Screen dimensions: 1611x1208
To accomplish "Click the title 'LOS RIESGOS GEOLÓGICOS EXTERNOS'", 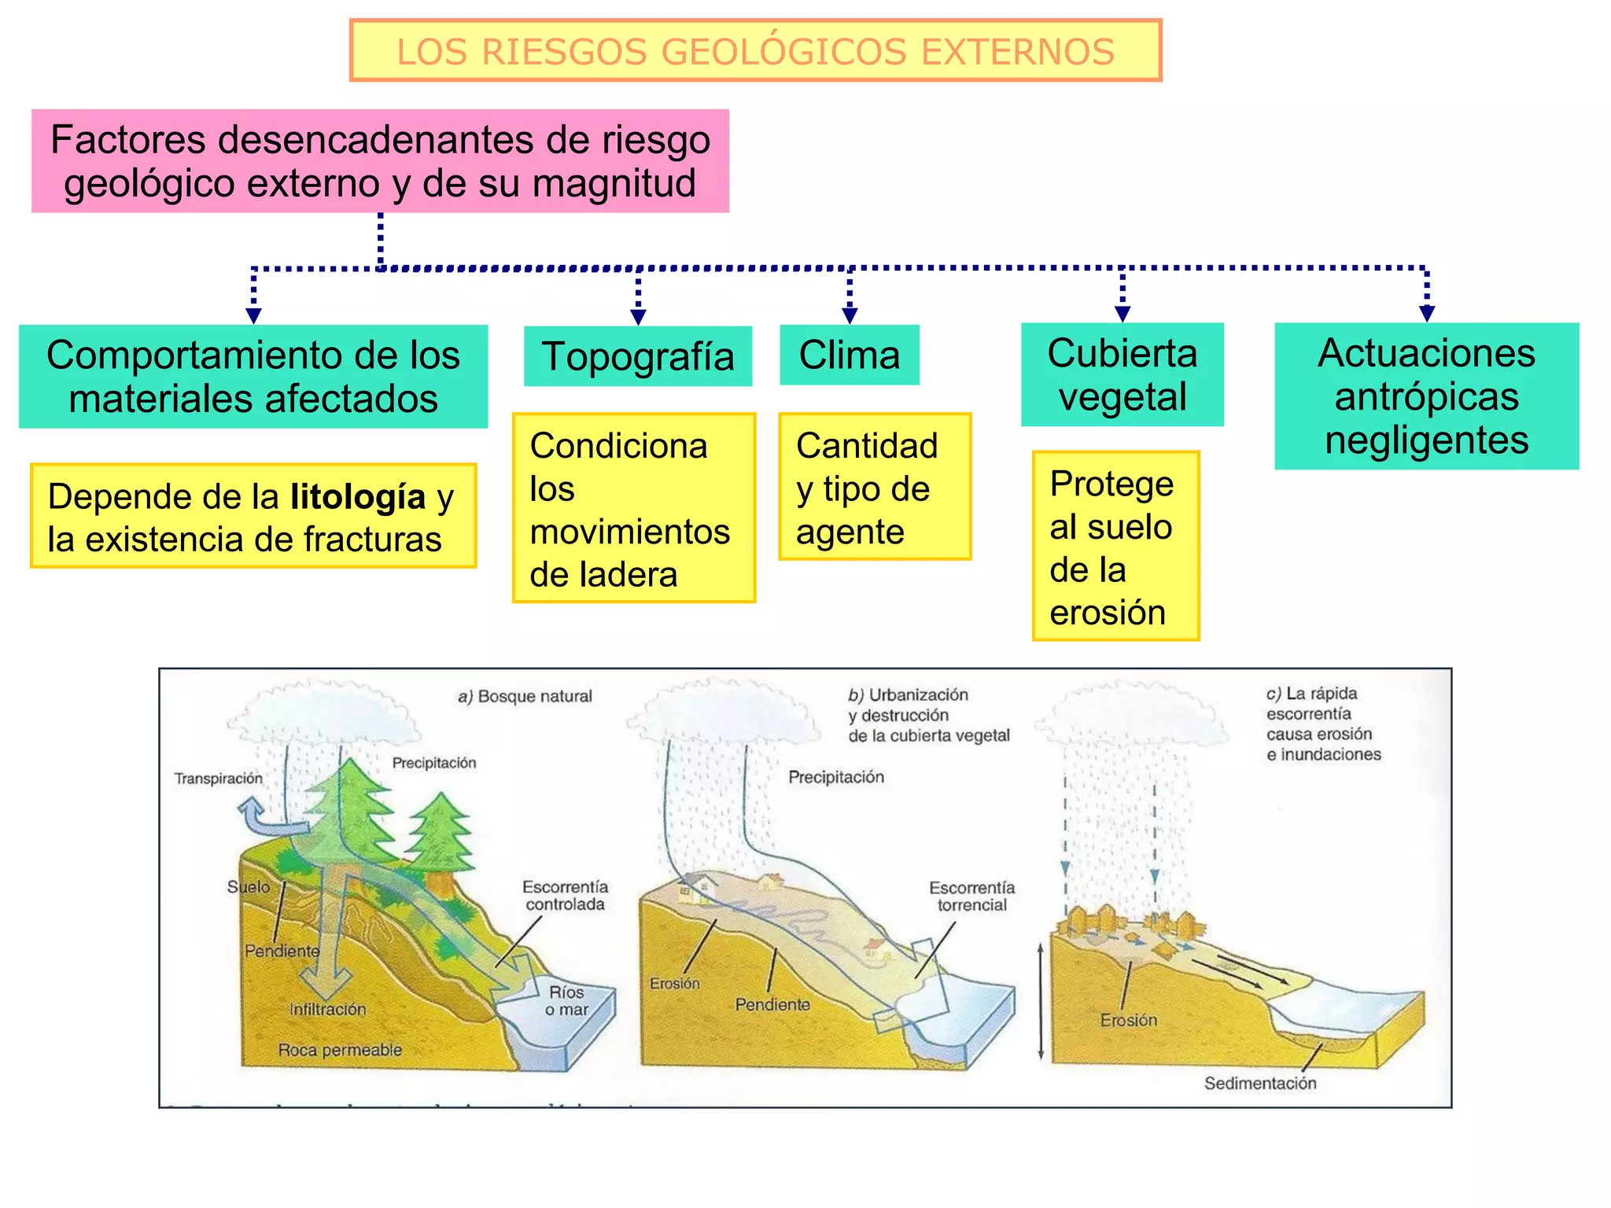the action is pos(755,52).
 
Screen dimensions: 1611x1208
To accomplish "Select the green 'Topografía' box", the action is pos(638,356).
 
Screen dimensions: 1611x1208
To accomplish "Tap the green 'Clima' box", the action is pos(850,355).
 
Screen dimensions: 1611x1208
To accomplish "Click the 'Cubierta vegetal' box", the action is pos(1123,374).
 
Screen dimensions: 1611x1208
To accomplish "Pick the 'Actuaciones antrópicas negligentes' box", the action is pos(1426,396).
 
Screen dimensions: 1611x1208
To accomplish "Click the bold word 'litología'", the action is pos(358,497).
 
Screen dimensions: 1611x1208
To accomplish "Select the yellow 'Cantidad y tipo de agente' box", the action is pos(875,487).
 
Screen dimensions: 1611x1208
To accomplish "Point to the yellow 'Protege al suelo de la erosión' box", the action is pos(1115,546).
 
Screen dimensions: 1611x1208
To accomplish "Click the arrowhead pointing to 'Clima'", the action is pos(850,315).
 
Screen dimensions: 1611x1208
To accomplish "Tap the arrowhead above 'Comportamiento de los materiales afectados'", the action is pos(253,315).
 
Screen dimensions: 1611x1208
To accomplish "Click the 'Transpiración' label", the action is pos(218,779).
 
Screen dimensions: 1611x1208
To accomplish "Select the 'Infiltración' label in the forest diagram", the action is pos(327,1009).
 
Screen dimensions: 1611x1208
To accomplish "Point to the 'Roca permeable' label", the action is pos(340,1050).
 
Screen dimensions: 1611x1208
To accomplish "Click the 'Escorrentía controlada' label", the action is pos(565,896).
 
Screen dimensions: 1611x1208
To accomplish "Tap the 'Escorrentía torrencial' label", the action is pos(971,897).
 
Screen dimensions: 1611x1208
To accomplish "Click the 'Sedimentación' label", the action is pos(1260,1083).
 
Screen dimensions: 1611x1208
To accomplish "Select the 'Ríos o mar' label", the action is pos(566,1000).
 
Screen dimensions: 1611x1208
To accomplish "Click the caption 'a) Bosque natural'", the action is pos(525,696).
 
